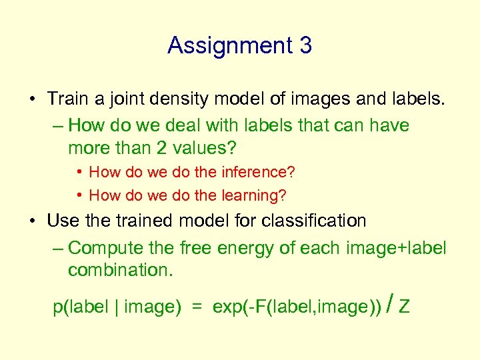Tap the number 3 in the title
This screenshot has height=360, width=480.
click(305, 45)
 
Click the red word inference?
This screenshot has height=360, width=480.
click(255, 172)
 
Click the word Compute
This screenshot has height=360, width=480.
click(106, 248)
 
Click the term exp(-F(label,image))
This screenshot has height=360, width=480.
click(297, 307)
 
